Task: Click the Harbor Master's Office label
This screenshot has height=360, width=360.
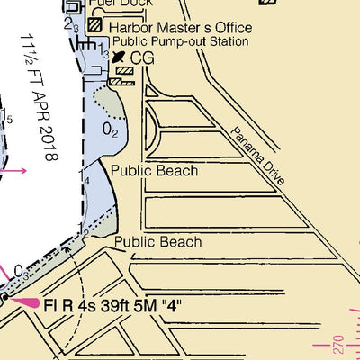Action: (181, 28)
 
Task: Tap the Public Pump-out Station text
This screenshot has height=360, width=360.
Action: (180, 41)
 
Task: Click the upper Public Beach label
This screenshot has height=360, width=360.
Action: (154, 170)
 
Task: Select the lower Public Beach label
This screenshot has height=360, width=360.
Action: (157, 242)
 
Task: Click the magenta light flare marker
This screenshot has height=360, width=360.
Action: (22, 301)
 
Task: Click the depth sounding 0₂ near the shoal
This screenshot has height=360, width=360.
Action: (110, 130)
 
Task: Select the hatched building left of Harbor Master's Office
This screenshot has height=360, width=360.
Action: (94, 26)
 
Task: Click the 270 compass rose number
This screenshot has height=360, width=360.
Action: (338, 345)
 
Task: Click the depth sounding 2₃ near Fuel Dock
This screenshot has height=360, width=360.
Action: (71, 26)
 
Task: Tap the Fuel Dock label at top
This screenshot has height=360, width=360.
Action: (116, 4)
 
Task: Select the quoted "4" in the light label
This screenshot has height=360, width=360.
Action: (174, 305)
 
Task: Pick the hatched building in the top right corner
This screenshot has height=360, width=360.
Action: (267, 3)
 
